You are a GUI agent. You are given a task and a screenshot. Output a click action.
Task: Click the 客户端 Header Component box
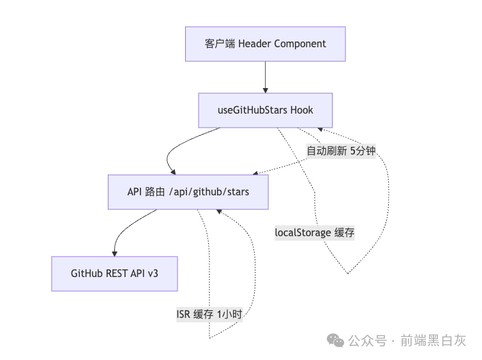(265, 44)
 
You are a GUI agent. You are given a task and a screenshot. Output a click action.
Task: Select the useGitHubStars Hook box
(265, 110)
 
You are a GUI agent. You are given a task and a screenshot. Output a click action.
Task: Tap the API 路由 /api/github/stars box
(188, 191)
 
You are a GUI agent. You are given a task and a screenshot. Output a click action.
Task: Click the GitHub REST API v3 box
(114, 273)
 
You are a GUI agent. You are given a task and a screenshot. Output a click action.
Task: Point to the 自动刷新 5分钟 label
(341, 151)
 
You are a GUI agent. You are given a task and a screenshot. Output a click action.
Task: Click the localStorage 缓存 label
(314, 232)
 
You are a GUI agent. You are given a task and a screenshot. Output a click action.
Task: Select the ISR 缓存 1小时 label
(209, 314)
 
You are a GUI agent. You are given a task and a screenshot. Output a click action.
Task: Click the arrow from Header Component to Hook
(265, 77)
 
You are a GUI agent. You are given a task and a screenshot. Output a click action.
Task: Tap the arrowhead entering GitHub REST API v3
(115, 252)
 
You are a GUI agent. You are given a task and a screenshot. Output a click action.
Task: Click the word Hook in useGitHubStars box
(301, 110)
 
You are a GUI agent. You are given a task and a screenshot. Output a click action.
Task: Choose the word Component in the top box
(297, 44)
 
